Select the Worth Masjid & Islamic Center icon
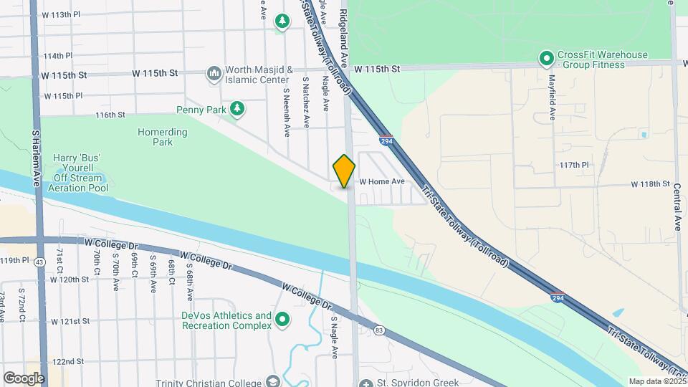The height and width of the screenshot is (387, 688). point(214,74)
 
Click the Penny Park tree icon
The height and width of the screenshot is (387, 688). point(237,109)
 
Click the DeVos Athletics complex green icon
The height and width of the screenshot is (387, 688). point(282,320)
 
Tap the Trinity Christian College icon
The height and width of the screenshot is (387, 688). point(272,381)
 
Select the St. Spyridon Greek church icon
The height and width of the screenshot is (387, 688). point(366,383)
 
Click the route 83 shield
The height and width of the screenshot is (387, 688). point(379,330)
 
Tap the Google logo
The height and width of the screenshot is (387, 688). point(24,378)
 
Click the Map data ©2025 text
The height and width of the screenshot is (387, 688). point(656,381)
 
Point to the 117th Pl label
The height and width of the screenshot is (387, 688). point(574,165)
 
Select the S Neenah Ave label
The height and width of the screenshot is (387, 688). point(286,107)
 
